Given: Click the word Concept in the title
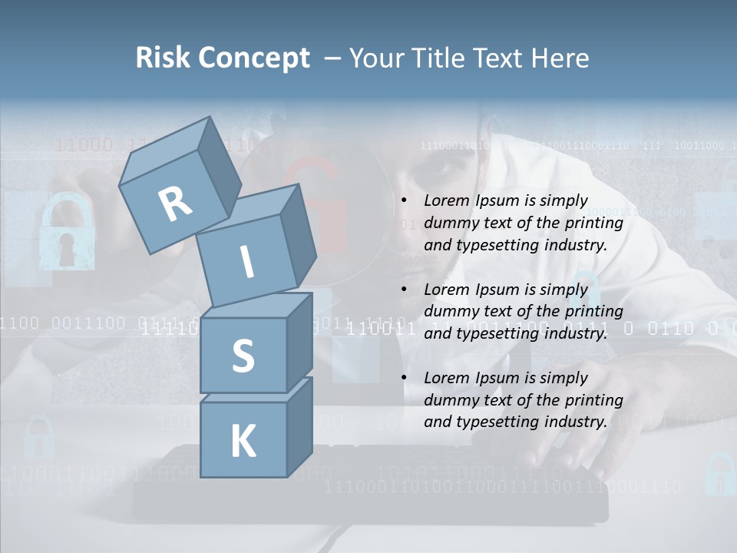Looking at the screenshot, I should coord(254,58).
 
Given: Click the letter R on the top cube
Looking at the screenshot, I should coord(176,204).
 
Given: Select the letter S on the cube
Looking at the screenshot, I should coord(243,356).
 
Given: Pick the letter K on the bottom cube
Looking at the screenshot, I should coord(243,442).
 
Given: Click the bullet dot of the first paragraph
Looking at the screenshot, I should coord(405,201).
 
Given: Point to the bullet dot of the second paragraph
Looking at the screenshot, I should coord(405,290).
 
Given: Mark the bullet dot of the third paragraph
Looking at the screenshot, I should coord(405,379).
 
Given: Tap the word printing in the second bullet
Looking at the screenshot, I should coord(593,311).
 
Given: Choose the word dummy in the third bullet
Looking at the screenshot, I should coord(447,400).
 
